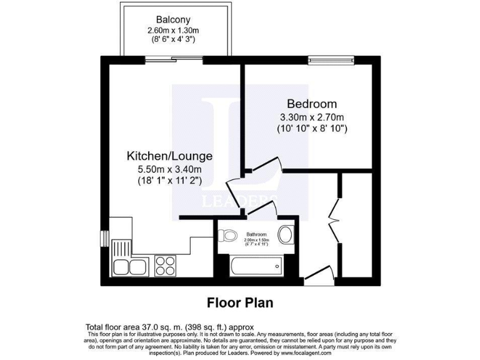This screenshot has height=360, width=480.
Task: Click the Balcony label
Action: point(168,19)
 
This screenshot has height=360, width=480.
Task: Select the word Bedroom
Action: point(311,104)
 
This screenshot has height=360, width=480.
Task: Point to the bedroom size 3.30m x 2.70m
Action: point(312,117)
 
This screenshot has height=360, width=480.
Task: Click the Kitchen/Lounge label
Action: point(169,156)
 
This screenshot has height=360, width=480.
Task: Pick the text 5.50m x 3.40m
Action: point(169,169)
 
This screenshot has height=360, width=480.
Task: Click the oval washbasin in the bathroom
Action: point(286,235)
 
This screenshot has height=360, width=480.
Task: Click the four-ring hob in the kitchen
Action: point(166,266)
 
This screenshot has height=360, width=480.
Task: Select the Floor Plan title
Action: point(240,303)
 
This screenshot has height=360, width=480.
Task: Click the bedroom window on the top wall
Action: point(331,60)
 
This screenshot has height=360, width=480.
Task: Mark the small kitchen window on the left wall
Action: point(104,240)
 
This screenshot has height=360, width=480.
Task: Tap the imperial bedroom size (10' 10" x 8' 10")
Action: point(312,129)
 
